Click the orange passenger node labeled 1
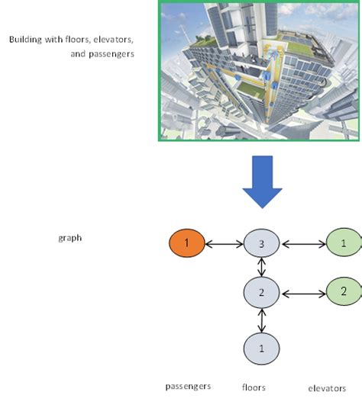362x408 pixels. [x=187, y=244]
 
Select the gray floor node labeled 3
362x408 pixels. [x=262, y=244]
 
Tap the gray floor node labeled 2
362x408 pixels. [x=262, y=292]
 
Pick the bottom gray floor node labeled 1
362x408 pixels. [x=262, y=348]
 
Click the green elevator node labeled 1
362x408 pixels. [x=344, y=243]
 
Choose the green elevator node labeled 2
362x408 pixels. [x=344, y=291]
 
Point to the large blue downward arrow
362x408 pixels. [x=262, y=181]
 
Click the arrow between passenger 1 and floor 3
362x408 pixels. [x=225, y=245]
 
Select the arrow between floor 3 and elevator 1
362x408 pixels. [x=303, y=245]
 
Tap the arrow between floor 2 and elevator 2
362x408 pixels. [x=303, y=292]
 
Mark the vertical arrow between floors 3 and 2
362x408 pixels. [x=262, y=268]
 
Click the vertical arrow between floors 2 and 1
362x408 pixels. [x=262, y=320]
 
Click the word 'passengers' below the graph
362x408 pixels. [x=188, y=386]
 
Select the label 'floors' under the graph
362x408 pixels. [x=254, y=387]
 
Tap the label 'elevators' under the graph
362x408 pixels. [x=327, y=388]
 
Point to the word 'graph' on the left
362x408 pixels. [x=69, y=238]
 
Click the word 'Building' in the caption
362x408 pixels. [x=25, y=40]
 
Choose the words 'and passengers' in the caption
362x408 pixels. [x=102, y=54]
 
